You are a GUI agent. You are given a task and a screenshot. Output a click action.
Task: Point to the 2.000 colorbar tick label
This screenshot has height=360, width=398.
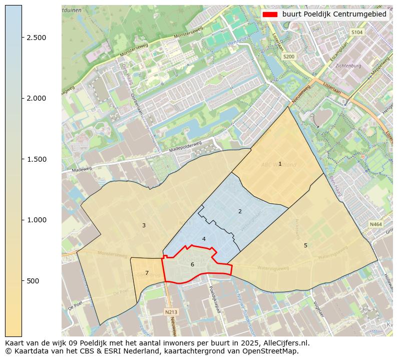click(x=37, y=98)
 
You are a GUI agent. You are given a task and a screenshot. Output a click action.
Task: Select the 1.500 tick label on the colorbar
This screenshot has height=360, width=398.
click(x=37, y=159)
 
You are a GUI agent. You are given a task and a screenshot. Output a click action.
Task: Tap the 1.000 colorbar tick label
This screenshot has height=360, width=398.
click(x=37, y=220)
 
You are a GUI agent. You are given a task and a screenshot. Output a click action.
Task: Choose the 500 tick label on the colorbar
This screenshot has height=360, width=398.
click(x=34, y=280)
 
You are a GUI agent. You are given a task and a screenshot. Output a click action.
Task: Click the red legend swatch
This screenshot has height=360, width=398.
click(x=270, y=15)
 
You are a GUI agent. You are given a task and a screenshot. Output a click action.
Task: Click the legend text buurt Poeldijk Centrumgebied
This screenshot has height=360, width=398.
click(x=334, y=15)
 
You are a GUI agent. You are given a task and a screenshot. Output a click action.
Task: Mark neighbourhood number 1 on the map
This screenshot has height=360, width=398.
click(x=280, y=164)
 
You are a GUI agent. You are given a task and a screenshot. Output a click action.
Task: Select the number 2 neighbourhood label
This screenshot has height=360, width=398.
click(x=240, y=211)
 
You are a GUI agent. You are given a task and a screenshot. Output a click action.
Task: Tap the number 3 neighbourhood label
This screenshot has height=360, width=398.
click(x=144, y=225)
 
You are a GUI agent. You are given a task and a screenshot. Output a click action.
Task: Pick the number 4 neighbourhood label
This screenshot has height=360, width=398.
click(x=204, y=239)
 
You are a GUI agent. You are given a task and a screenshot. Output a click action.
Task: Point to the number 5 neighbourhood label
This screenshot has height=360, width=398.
click(x=305, y=245)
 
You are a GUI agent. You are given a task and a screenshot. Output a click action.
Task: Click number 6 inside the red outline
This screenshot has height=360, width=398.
click(x=192, y=264)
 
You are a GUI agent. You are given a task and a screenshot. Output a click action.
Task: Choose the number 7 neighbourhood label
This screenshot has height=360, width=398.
click(x=147, y=273)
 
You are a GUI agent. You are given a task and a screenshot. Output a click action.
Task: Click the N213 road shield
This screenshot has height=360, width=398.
click(x=171, y=312)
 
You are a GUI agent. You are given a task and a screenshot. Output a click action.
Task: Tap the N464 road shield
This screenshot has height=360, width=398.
click(x=375, y=225)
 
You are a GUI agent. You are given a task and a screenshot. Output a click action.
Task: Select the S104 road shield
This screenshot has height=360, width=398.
click(x=356, y=32)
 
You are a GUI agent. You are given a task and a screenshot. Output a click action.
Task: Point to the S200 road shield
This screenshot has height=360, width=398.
click(x=289, y=57)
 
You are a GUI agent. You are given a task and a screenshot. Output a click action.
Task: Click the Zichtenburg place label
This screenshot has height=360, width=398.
click(x=348, y=66)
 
